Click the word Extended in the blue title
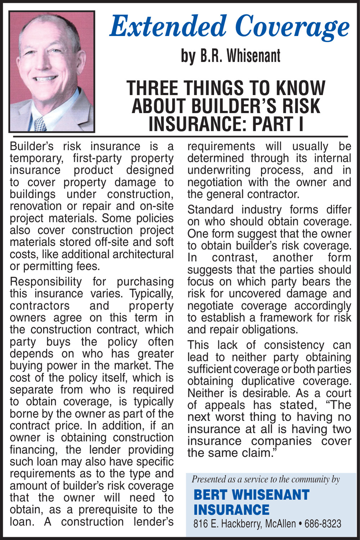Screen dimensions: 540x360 coord(168,27)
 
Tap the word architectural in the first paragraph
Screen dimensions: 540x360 coord(143,254)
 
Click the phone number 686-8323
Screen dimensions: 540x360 coord(323,524)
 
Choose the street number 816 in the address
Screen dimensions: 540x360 coord(200,524)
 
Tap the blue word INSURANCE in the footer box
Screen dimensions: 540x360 coord(231,510)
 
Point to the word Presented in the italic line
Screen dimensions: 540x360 coord(207,479)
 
